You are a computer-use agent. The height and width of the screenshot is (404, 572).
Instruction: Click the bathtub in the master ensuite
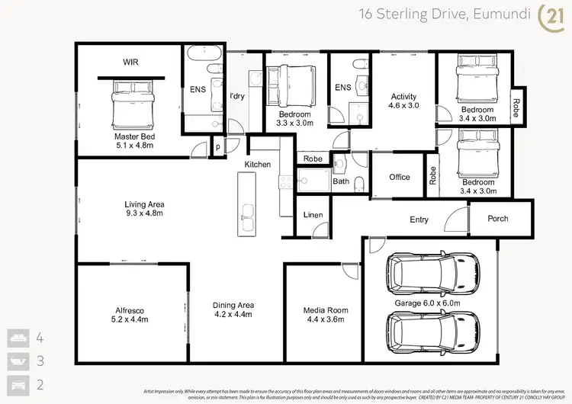coord(204,55)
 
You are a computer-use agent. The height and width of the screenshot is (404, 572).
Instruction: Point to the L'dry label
coord(237,96)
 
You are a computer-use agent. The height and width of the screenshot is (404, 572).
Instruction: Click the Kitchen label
coord(257,165)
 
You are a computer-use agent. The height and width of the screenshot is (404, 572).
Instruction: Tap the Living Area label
coord(145,204)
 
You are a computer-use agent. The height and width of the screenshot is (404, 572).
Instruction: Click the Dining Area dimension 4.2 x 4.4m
coord(233,315)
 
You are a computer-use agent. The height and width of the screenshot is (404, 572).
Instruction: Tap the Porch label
coord(493,219)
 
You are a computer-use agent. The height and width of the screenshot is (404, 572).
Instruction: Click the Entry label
coord(419,220)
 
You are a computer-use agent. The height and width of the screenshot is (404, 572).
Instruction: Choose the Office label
coord(400,177)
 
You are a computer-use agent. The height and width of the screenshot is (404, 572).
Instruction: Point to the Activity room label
coord(403,97)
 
